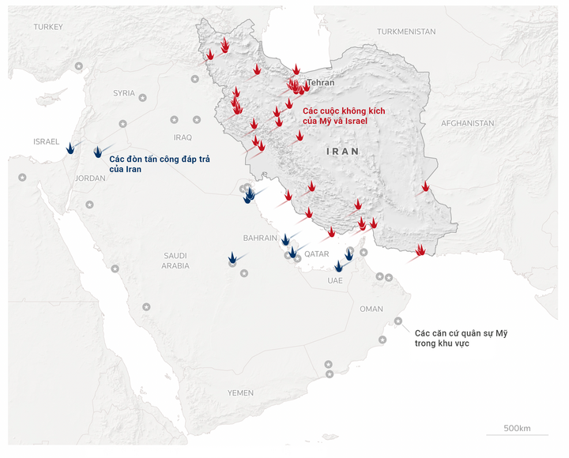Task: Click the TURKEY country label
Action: (x=48, y=27)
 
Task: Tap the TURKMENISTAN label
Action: (x=406, y=32)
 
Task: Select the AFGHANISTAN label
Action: (x=468, y=123)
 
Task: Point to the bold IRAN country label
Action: (x=342, y=151)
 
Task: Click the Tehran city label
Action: (x=320, y=82)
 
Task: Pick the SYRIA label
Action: (x=124, y=92)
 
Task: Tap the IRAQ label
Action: (x=183, y=137)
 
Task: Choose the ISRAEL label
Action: (x=47, y=141)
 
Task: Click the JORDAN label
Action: (x=90, y=178)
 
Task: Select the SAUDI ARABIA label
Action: (x=175, y=261)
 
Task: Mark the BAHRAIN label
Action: (x=260, y=238)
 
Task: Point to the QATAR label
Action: (x=316, y=253)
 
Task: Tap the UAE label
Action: (x=335, y=280)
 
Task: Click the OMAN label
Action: (x=371, y=309)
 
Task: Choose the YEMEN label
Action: (x=241, y=392)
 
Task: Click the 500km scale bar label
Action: (x=518, y=428)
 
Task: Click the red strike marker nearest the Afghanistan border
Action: (x=426, y=187)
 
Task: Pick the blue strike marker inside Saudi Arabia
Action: (x=233, y=257)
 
